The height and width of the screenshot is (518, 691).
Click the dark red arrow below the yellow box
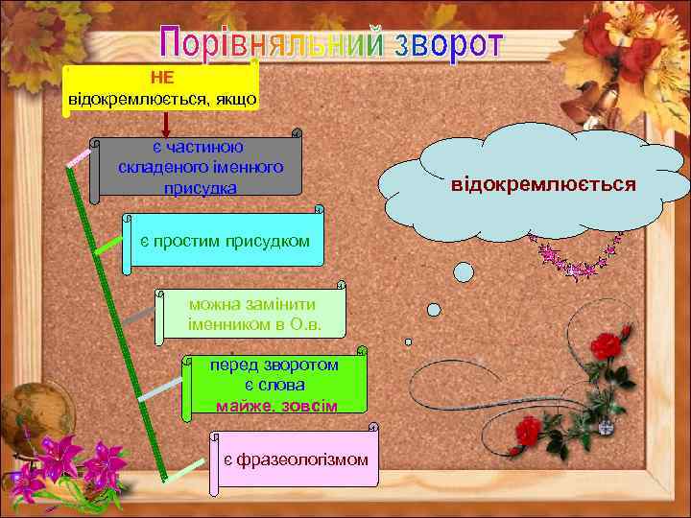coord(166,123)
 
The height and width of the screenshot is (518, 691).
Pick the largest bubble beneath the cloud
coord(464,271)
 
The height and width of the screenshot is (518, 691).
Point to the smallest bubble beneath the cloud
coord(408,341)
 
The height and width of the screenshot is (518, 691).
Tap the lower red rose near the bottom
coord(526,431)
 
